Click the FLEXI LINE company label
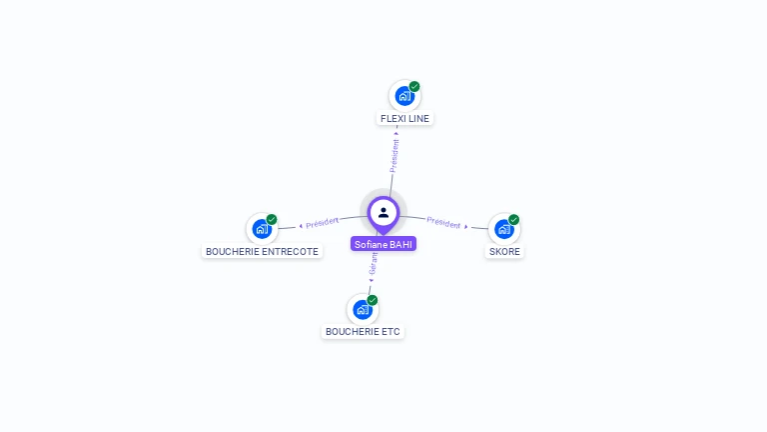404,118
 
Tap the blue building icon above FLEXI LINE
403,96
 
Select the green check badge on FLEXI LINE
414,86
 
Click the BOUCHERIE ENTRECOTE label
262,252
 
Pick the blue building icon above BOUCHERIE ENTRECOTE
262,229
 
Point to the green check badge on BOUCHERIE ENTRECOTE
272,219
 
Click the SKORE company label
504,252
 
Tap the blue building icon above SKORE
504,229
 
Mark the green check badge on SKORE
514,219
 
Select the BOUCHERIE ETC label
363,331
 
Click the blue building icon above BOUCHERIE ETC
363,309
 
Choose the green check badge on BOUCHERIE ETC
373,299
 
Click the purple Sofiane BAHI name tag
383,244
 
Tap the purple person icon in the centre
383,212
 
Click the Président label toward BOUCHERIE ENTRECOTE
322,222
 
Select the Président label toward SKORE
444,223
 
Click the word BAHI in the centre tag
400,244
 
